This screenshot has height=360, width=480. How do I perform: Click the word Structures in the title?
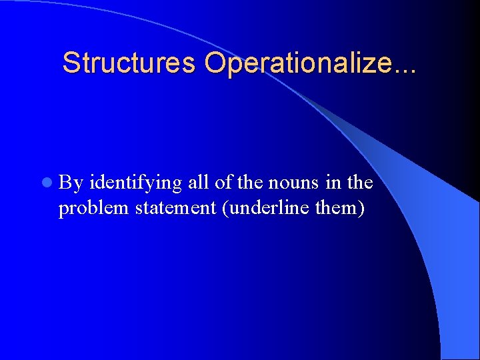[x=129, y=63]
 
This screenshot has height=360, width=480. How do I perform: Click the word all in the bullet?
[x=198, y=182]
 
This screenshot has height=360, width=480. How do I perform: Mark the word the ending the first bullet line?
[x=359, y=182]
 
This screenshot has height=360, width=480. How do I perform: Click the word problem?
[x=93, y=209]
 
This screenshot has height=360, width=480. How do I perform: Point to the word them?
[x=337, y=207]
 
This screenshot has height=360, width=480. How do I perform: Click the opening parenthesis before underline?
[x=228, y=208]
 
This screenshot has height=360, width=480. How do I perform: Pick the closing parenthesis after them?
[x=361, y=208]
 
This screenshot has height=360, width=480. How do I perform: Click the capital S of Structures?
[x=70, y=63]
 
